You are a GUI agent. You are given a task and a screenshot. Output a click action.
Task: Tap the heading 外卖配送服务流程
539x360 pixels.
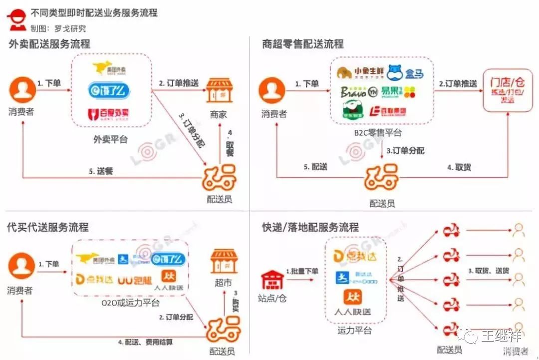click(x=49, y=44)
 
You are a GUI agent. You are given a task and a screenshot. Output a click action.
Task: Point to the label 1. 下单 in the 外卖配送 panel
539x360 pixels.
click(x=49, y=83)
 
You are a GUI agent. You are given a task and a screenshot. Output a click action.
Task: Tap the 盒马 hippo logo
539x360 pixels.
click(x=405, y=73)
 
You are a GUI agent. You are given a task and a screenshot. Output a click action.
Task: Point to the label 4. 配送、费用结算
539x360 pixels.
click(x=146, y=343)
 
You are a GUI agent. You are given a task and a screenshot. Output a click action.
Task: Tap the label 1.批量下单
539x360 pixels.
click(x=302, y=271)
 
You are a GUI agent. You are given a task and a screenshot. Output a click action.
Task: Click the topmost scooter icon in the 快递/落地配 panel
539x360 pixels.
click(x=451, y=231)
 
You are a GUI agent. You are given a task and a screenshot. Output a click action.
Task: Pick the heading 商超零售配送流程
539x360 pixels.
click(x=303, y=44)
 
